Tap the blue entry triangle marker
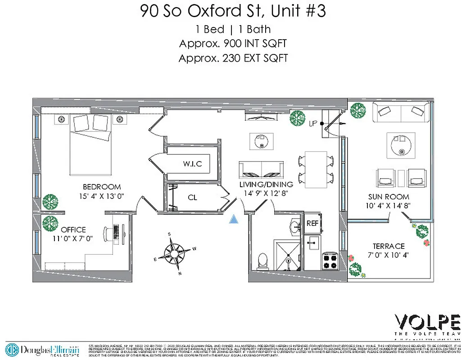233,219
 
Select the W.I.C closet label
192,164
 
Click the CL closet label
192,197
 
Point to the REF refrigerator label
312,223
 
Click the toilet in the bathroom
262,261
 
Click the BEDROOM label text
102,187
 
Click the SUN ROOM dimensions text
388,206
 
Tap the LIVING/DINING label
266,184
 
